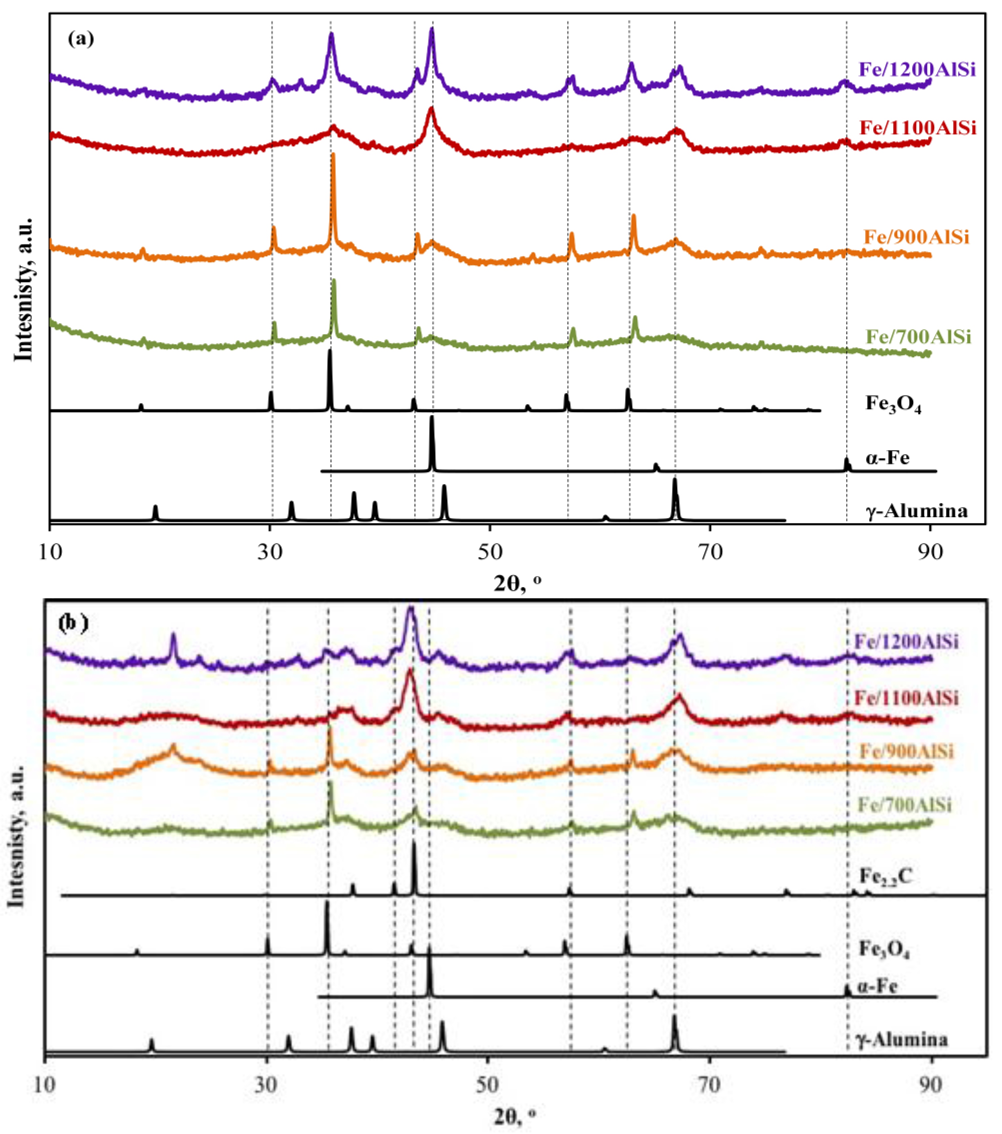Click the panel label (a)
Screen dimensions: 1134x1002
tap(81, 39)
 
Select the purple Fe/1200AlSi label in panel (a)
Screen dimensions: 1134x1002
tap(916, 69)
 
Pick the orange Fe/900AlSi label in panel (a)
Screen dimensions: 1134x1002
tap(916, 237)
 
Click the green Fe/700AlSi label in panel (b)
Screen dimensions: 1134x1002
tap(904, 804)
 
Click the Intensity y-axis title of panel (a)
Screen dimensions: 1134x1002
tap(23, 288)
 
